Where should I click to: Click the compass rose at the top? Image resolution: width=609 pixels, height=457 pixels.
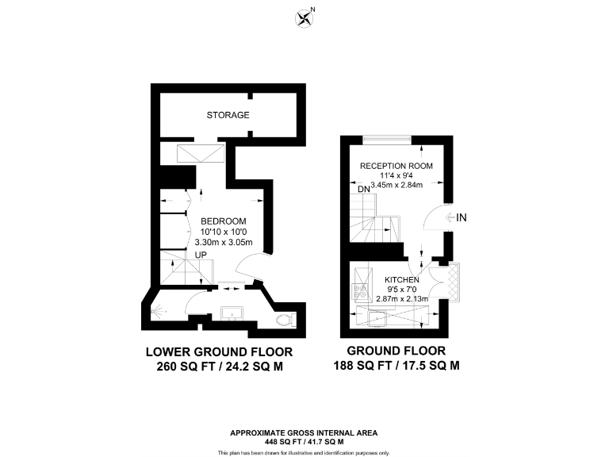(304, 17)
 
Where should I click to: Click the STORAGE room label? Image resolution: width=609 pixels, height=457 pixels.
(228, 115)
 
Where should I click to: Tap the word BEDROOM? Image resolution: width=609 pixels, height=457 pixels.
(223, 221)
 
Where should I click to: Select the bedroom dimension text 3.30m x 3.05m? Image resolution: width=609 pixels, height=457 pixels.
(223, 242)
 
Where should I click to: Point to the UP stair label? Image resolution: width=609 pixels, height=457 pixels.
(203, 255)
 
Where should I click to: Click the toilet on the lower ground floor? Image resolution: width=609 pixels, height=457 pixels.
(284, 320)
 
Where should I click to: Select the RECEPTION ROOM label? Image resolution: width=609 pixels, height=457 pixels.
(396, 165)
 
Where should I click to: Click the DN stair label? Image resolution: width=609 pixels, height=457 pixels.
(364, 189)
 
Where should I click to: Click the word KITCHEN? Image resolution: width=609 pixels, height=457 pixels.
(402, 279)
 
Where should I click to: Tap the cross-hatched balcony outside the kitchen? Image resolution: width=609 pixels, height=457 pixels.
(454, 282)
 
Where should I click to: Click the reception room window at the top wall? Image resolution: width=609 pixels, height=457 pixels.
(387, 140)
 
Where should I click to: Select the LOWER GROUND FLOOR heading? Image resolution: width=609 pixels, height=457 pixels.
(219, 351)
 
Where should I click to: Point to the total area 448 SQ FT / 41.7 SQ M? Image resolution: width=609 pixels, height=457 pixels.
(304, 441)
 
